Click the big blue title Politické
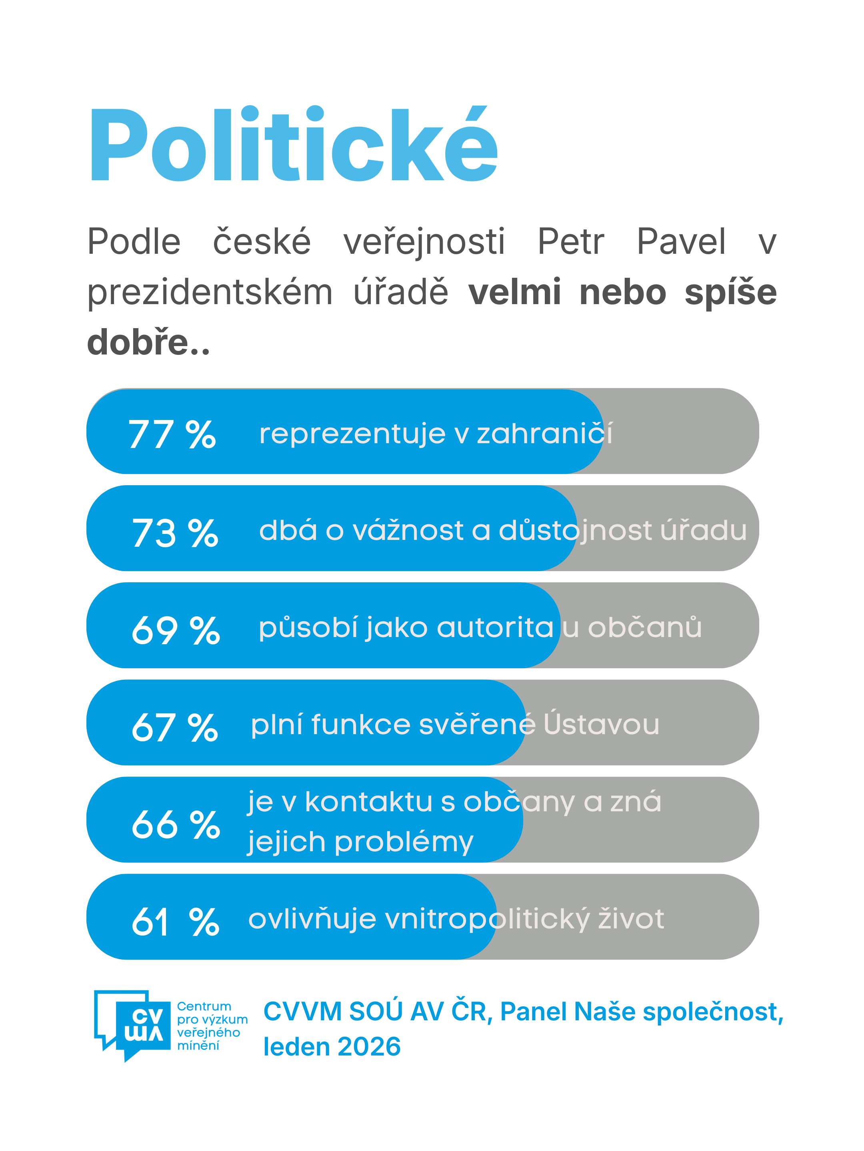[293, 145]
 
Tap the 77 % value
[172, 434]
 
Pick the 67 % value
[174, 727]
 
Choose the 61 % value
[175, 922]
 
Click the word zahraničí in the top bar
[544, 434]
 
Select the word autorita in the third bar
[495, 627]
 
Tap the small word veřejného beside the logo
[208, 1032]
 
